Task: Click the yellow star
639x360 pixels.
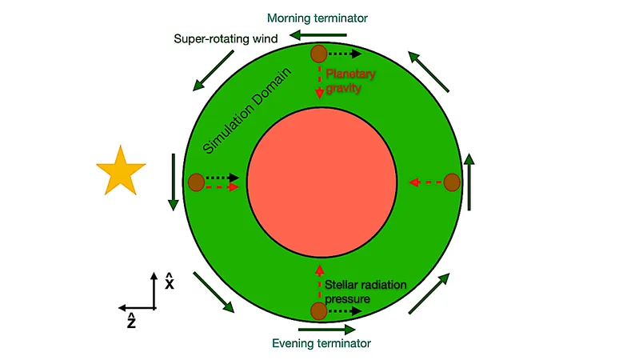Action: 121,171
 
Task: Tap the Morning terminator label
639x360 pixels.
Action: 317,18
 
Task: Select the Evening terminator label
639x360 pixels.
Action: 321,343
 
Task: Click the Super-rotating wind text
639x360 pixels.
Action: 226,38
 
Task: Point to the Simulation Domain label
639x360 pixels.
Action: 246,111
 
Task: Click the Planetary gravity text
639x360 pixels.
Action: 349,81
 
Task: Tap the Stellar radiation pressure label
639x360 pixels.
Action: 365,291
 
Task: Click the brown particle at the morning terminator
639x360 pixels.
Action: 318,54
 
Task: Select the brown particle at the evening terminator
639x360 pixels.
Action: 318,311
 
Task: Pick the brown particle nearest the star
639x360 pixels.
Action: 197,182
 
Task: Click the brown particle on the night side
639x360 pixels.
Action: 452,182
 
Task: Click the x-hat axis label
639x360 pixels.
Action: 169,282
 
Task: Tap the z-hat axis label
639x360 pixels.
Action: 131,321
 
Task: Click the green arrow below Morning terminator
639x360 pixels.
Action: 318,35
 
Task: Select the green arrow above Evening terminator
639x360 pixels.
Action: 327,329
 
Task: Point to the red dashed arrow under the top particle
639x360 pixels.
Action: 320,81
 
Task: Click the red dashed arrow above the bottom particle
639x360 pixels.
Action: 320,283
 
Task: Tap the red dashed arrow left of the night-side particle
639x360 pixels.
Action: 425,182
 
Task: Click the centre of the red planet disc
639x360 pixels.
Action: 322,182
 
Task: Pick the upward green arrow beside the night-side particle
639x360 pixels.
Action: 469,182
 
